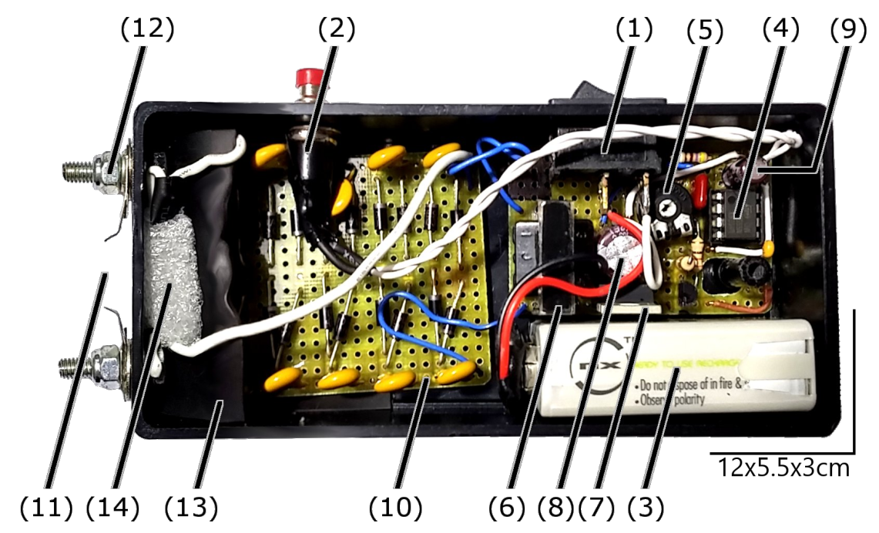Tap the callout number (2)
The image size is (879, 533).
click(x=337, y=29)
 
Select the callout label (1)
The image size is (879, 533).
click(x=634, y=29)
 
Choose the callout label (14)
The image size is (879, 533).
click(x=112, y=507)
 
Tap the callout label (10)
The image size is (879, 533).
click(x=396, y=507)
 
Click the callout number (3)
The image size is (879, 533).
click(x=646, y=507)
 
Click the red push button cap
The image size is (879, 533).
click(x=308, y=76)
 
